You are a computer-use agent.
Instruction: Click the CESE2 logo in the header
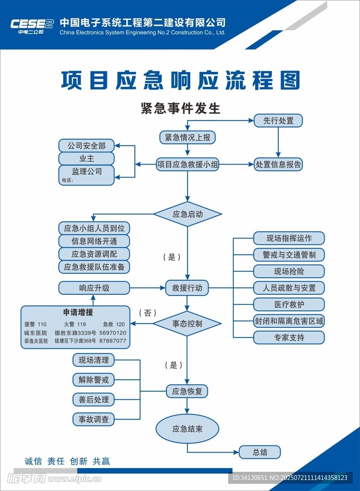(x=32, y=25)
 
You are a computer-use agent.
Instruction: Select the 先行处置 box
(x=279, y=120)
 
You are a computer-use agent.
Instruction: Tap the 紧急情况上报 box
(x=187, y=138)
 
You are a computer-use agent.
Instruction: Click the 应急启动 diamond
(x=187, y=214)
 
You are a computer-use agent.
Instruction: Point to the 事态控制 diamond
(x=187, y=324)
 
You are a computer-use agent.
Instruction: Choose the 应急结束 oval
(x=187, y=429)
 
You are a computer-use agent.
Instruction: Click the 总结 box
(x=260, y=452)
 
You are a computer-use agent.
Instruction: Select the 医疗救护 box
(x=289, y=304)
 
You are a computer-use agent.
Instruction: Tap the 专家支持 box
(x=289, y=338)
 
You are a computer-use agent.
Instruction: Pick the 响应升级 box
(x=94, y=288)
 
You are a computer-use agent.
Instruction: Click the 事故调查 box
(x=94, y=419)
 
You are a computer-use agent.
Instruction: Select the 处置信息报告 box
(x=279, y=164)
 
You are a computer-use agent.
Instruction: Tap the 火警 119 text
(x=75, y=325)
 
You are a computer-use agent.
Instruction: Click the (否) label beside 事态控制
(x=148, y=313)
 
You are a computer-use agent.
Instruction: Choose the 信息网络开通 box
(x=94, y=241)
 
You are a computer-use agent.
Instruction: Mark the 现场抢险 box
(x=289, y=271)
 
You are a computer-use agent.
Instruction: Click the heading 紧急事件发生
(x=180, y=108)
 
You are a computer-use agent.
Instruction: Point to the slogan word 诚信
(x=34, y=461)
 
